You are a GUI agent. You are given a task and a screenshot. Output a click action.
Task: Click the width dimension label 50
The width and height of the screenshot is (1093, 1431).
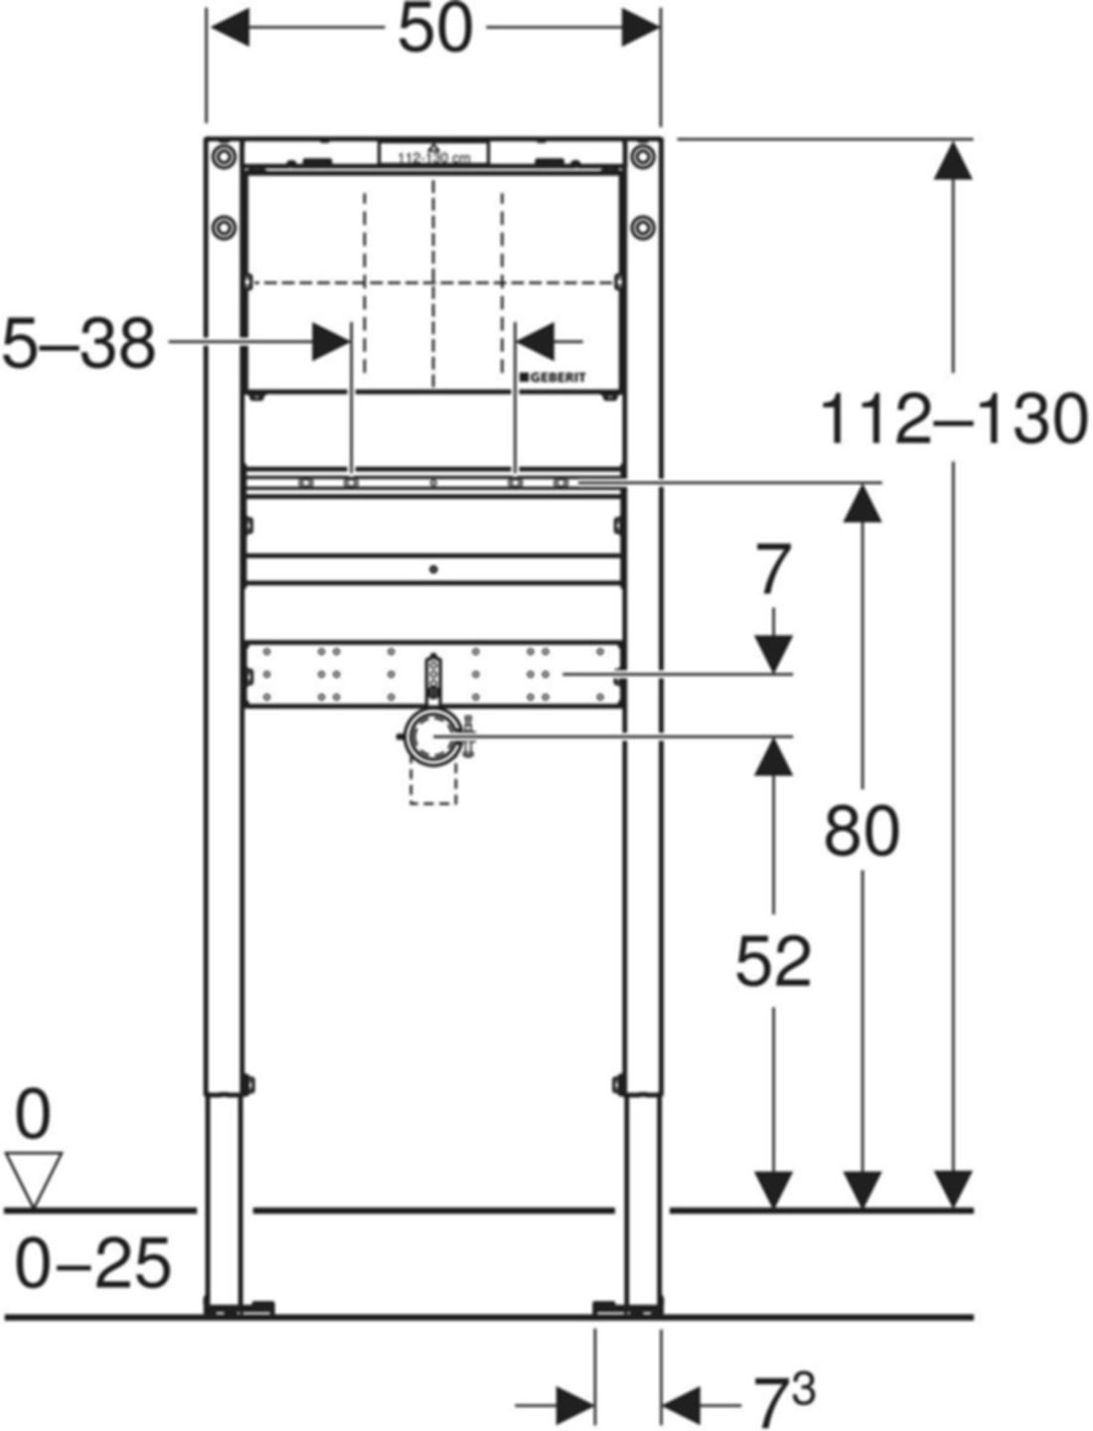(x=434, y=30)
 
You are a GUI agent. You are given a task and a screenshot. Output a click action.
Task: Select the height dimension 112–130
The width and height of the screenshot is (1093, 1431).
(x=953, y=420)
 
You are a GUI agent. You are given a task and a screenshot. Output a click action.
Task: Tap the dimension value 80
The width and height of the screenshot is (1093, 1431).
(x=861, y=831)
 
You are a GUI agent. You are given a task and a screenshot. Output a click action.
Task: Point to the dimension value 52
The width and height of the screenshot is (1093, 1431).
(x=773, y=961)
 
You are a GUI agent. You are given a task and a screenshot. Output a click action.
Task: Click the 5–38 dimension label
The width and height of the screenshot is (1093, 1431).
(x=79, y=344)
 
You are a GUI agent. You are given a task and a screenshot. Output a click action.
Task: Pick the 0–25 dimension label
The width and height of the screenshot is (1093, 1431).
(x=93, y=1265)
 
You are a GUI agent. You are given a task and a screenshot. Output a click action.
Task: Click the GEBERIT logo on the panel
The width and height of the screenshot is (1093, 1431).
(x=551, y=378)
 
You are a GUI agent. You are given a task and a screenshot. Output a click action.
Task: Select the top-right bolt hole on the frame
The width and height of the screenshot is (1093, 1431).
(x=643, y=156)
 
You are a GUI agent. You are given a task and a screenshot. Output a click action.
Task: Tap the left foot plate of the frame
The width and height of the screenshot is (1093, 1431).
(x=238, y=1309)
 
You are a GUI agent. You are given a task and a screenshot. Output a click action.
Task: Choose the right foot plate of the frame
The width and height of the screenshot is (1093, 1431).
(x=627, y=1309)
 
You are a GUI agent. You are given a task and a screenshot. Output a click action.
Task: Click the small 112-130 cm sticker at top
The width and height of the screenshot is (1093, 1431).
(x=434, y=155)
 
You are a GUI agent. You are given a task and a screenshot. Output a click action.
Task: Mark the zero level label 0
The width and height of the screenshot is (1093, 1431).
(x=33, y=1115)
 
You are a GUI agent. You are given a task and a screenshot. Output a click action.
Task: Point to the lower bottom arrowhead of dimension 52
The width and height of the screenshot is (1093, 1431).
(x=773, y=1190)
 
